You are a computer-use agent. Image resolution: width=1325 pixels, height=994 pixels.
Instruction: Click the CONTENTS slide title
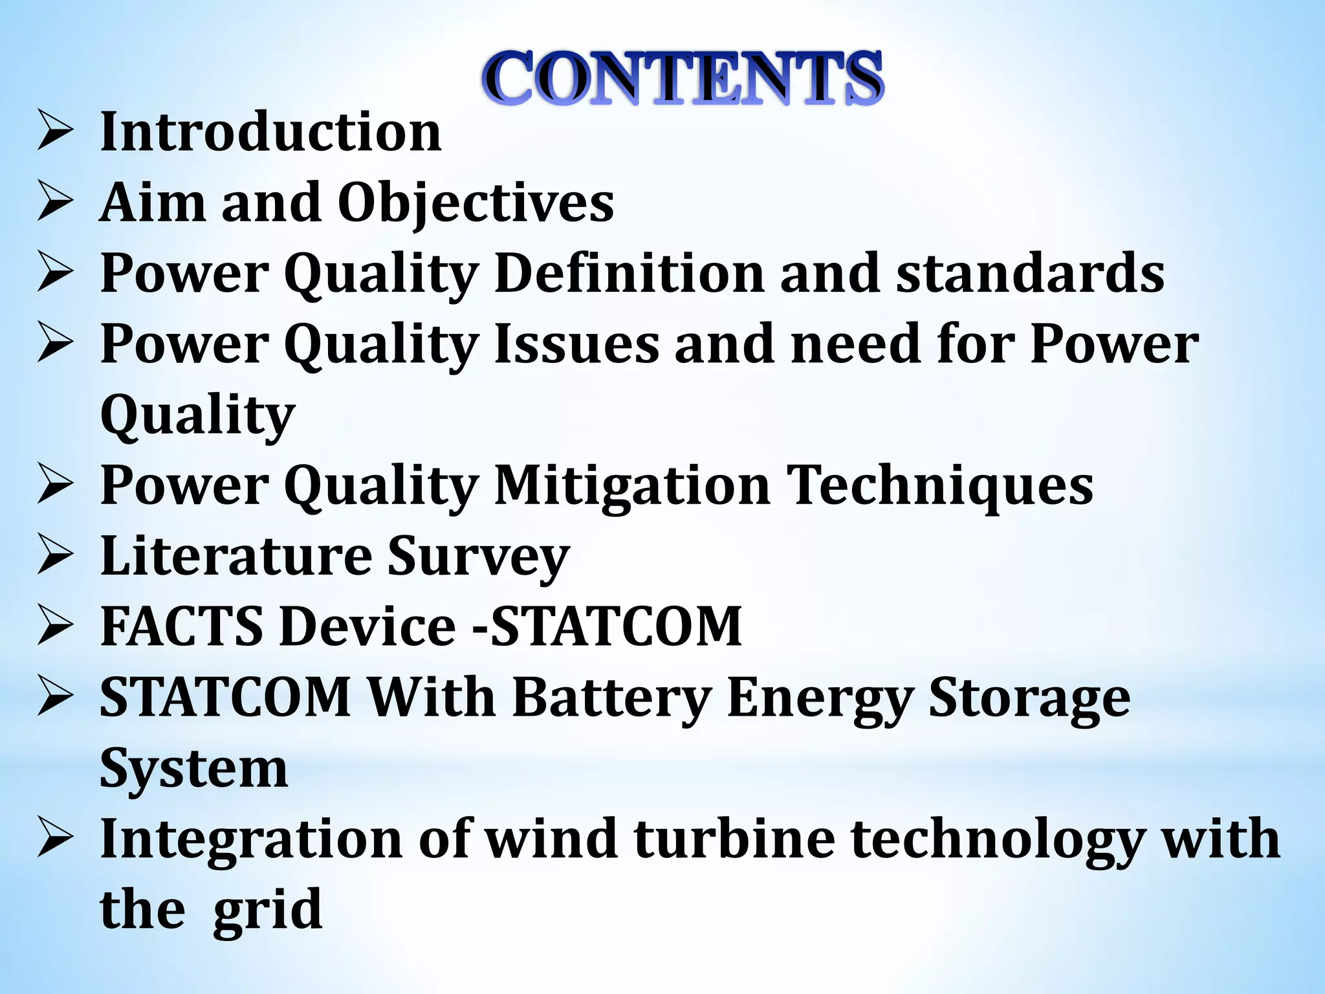683,78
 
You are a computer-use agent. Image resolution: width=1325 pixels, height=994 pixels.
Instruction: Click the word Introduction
271,132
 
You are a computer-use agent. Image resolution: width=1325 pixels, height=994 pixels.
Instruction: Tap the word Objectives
476,203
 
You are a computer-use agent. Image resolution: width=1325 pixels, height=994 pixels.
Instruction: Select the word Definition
630,273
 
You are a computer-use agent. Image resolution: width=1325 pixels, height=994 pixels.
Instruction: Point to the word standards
1030,273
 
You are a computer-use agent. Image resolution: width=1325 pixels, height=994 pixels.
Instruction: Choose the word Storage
1029,699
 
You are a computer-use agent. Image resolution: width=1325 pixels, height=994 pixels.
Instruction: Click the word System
193,769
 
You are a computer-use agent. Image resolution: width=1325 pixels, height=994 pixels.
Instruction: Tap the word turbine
734,839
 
